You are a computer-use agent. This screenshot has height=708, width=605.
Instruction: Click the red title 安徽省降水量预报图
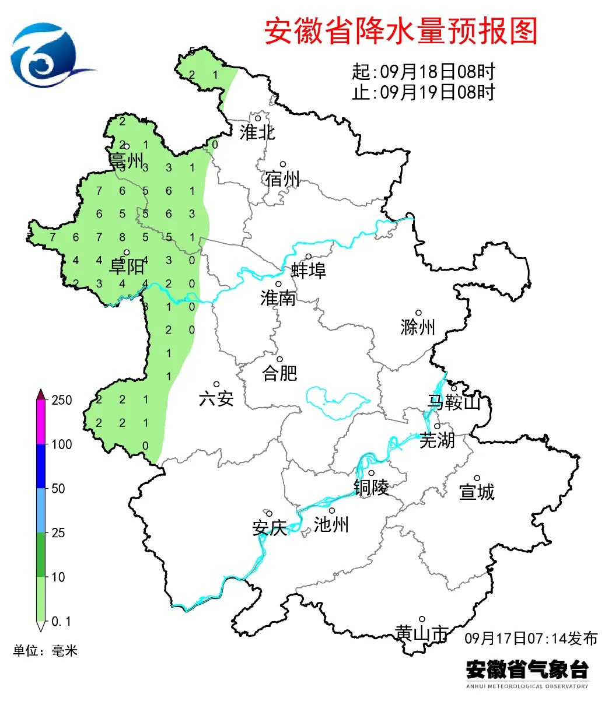tap(401, 31)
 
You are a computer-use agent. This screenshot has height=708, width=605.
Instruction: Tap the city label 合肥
tap(280, 373)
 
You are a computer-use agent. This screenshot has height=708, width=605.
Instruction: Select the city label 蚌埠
tap(309, 271)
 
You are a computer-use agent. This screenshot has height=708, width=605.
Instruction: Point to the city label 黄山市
tap(421, 633)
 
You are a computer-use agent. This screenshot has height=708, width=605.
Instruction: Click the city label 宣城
tap(477, 492)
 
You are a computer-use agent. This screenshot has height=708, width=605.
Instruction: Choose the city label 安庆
tap(270, 528)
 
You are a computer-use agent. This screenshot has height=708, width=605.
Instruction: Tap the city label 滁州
tap(418, 327)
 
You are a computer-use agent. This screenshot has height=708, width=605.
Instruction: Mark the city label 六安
tap(216, 399)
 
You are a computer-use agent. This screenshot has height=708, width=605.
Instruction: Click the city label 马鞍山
tap(454, 402)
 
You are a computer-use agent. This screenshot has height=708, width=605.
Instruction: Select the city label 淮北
tap(257, 132)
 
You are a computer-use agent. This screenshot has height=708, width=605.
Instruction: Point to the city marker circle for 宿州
tap(283, 164)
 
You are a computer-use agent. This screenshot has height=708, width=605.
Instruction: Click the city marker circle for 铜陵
tap(371, 473)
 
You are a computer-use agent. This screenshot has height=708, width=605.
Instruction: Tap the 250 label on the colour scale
tap(61, 400)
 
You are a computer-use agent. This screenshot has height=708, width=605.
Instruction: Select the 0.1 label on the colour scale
tap(61, 622)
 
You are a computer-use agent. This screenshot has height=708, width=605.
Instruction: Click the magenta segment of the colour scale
tap(41, 422)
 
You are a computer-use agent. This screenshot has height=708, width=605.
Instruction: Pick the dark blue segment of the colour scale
tap(41, 467)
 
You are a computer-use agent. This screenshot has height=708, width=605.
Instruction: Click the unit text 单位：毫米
tap(46, 651)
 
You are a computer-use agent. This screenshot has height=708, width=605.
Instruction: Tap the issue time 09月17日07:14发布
tap(531, 638)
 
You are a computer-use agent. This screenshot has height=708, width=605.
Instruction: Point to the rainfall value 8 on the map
tap(123, 237)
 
